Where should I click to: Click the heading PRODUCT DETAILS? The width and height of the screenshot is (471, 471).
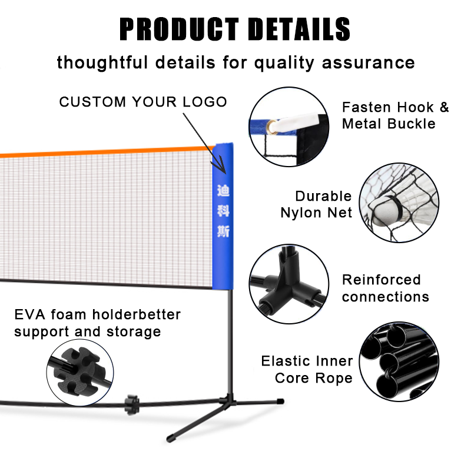(235, 29)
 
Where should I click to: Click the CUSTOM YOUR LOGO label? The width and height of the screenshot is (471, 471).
(143, 102)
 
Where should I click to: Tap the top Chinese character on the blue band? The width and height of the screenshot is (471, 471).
(223, 191)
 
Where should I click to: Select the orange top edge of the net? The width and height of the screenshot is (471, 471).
(106, 152)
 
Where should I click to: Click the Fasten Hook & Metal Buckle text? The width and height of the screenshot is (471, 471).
(395, 115)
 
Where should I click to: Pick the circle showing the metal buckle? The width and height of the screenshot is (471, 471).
(288, 125)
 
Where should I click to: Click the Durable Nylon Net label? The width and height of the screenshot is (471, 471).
(323, 204)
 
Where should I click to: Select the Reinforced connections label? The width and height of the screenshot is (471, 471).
(385, 288)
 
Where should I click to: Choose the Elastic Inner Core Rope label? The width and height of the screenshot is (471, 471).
(307, 369)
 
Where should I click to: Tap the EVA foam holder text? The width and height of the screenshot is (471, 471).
(97, 323)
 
